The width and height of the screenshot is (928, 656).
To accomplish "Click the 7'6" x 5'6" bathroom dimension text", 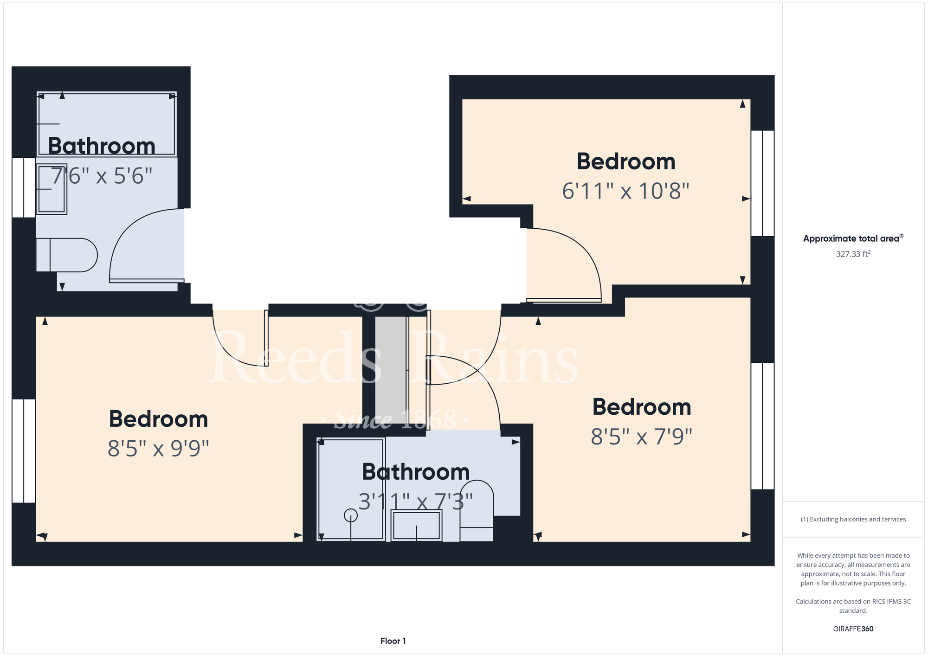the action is pyautogui.click(x=101, y=176).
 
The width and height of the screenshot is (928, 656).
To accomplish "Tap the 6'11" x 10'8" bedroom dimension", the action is pyautogui.click(x=625, y=191).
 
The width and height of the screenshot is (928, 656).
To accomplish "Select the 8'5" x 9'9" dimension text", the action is pyautogui.click(x=158, y=449).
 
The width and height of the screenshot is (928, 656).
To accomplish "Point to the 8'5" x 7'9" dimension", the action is pyautogui.click(x=642, y=437).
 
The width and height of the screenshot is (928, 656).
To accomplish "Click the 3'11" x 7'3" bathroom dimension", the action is pyautogui.click(x=416, y=502).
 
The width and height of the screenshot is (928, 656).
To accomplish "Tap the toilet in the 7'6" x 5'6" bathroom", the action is pyautogui.click(x=67, y=255).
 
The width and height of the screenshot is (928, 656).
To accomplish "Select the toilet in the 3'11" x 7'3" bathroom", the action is pyautogui.click(x=477, y=510).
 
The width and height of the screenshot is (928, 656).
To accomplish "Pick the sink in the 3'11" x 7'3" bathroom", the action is pyautogui.click(x=416, y=525).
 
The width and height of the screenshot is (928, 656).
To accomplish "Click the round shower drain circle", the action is pyautogui.click(x=351, y=515).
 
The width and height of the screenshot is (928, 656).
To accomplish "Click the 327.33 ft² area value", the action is pyautogui.click(x=853, y=254).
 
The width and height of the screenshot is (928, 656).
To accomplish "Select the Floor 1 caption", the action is pyautogui.click(x=393, y=641).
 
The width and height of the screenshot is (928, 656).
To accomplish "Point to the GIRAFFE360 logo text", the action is pyautogui.click(x=853, y=629).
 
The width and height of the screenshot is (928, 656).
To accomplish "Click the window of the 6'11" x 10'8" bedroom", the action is pyautogui.click(x=762, y=183).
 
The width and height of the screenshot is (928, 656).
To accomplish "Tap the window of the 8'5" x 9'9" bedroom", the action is pyautogui.click(x=24, y=451).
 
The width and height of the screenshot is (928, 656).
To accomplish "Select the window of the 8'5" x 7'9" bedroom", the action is pyautogui.click(x=762, y=426).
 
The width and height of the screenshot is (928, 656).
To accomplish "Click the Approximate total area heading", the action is pyautogui.click(x=853, y=238).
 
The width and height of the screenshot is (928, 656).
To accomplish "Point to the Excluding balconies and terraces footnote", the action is pyautogui.click(x=853, y=519).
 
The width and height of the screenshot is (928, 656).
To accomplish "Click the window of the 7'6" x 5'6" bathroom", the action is pyautogui.click(x=24, y=187).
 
